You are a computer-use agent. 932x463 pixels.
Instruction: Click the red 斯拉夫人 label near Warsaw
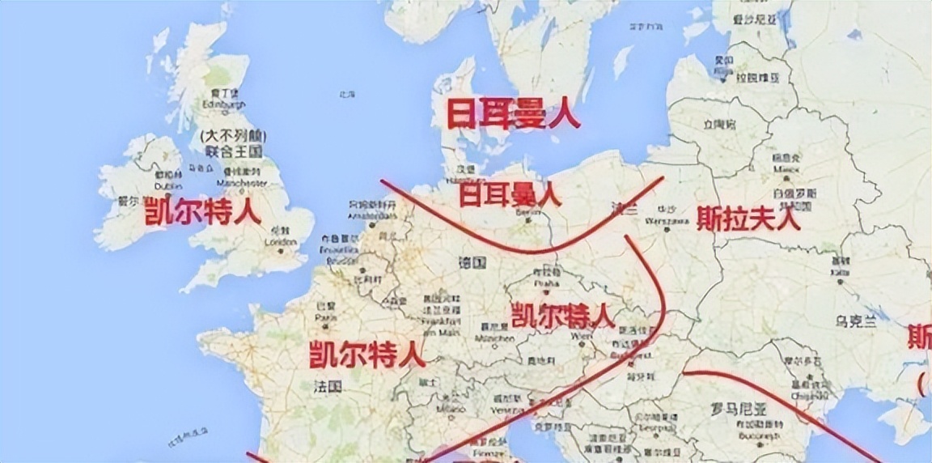coord(748,218)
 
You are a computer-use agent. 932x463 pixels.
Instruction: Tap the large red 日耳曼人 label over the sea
coord(513,113)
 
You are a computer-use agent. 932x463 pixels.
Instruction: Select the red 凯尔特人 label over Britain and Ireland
coord(202,212)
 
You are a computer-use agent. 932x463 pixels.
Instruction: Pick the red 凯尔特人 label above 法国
coord(366,355)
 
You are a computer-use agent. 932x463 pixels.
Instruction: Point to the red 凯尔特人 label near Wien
coord(563,314)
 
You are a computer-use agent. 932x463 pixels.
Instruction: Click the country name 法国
coord(328,388)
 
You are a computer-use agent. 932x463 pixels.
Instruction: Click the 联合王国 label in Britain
coord(233,151)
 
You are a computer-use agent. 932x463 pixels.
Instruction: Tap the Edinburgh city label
coord(224,104)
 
